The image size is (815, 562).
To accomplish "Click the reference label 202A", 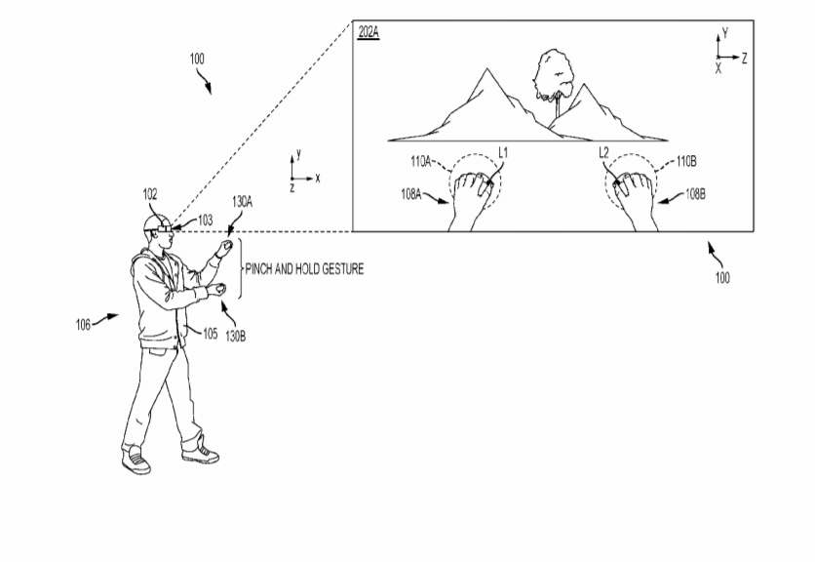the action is tap(369, 33).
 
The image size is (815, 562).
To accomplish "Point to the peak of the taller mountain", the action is tap(487, 68).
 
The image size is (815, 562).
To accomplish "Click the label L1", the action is tap(503, 153).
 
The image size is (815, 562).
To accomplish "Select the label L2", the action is tap(603, 153).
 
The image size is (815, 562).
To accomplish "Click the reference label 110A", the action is tap(420, 161).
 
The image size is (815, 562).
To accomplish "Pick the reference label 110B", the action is tap(686, 161).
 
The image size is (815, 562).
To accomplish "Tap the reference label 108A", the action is tap(410, 194).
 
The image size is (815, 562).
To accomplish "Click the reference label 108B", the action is tap(695, 194).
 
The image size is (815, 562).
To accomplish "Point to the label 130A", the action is tap(242, 202).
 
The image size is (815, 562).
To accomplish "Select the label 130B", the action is tap(235, 337).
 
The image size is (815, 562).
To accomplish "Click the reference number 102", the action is tap(150, 194).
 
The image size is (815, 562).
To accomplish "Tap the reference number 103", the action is tap(206, 221).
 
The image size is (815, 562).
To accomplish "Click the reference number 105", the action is tap(210, 334).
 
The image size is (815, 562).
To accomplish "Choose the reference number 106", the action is tap(83, 325).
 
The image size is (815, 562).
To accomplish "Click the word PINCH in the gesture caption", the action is tap(259, 269).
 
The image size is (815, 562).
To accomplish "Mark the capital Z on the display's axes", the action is tap(744, 59).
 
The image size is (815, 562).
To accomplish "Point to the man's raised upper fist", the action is tap(225, 246).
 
